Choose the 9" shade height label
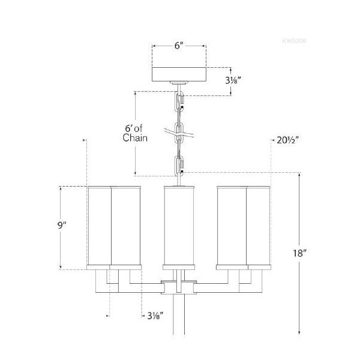(x=61, y=226)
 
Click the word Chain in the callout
(x=135, y=137)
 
